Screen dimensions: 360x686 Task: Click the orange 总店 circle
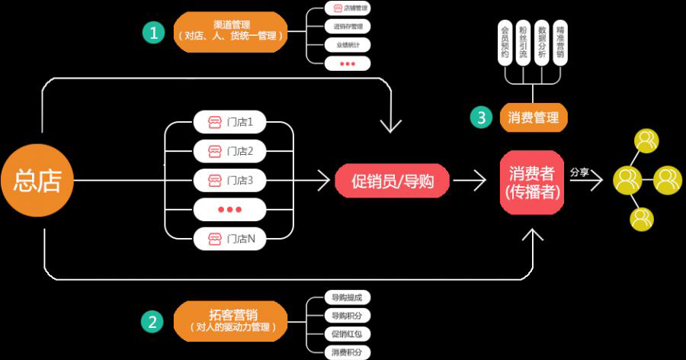[37, 181]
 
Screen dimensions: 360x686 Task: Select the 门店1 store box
[229, 122]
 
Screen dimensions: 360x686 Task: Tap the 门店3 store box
[229, 180]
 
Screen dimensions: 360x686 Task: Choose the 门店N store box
[229, 239]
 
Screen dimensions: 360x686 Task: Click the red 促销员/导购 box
[392, 181]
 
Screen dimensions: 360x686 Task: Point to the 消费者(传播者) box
[533, 182]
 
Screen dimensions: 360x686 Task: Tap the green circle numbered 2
[154, 321]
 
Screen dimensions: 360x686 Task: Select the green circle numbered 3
[481, 117]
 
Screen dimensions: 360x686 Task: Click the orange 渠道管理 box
[231, 31]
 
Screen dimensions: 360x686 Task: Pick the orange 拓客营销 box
[231, 321]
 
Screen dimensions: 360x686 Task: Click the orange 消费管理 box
[533, 117]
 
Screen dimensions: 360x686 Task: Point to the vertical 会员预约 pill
[505, 43]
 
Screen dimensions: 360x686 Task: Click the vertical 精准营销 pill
[560, 43]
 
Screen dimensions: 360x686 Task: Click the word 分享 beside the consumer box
[579, 172]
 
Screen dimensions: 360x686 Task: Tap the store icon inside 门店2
[215, 151]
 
